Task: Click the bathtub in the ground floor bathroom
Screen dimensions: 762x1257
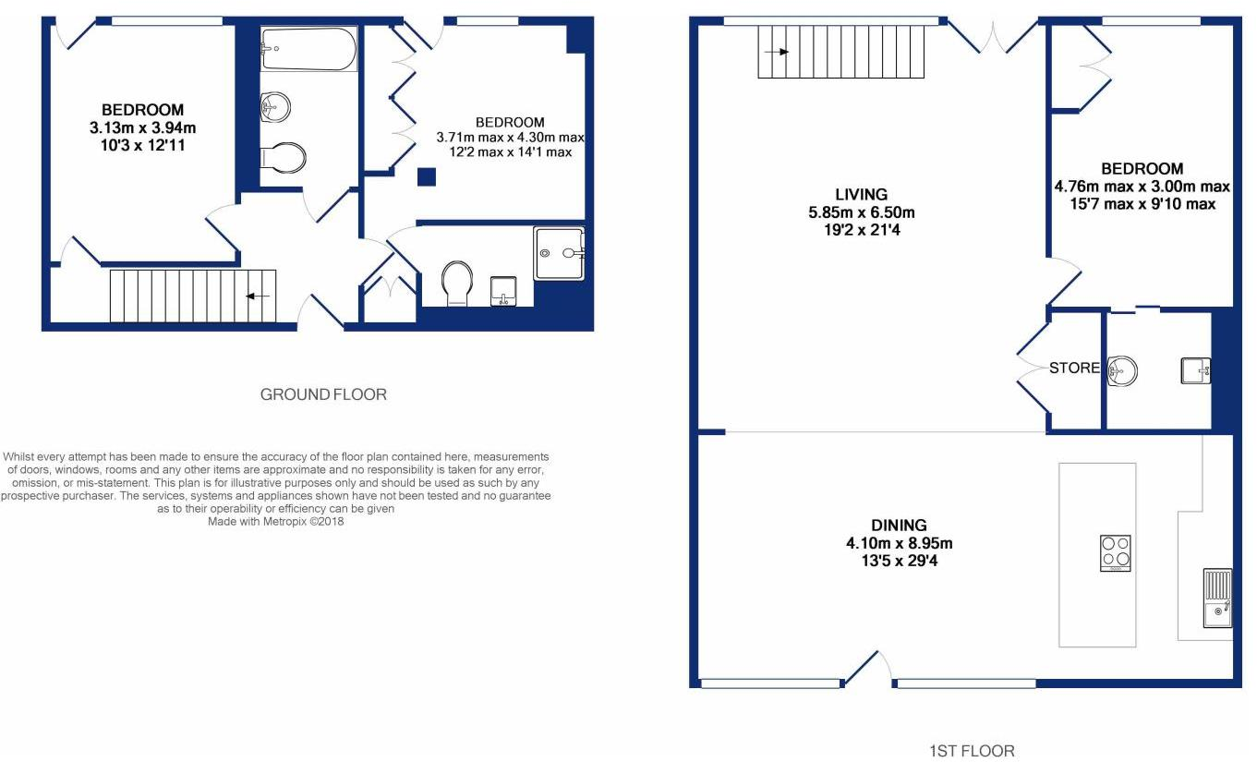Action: (308, 49)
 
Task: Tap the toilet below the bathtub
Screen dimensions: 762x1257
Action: (283, 158)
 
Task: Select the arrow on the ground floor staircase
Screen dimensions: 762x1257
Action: (258, 296)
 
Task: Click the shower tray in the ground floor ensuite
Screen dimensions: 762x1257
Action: (559, 253)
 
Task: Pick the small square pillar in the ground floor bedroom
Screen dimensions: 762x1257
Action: (426, 177)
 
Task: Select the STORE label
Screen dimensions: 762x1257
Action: (1074, 369)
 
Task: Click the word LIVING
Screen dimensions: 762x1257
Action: (861, 195)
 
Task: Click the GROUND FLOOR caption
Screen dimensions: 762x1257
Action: (323, 394)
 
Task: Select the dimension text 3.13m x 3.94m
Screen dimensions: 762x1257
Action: (142, 127)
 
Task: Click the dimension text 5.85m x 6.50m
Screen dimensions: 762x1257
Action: (861, 212)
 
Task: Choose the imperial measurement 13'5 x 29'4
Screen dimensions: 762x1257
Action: (889, 561)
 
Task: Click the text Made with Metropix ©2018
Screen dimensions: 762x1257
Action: (276, 521)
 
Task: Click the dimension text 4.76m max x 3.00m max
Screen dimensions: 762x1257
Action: (1142, 187)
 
